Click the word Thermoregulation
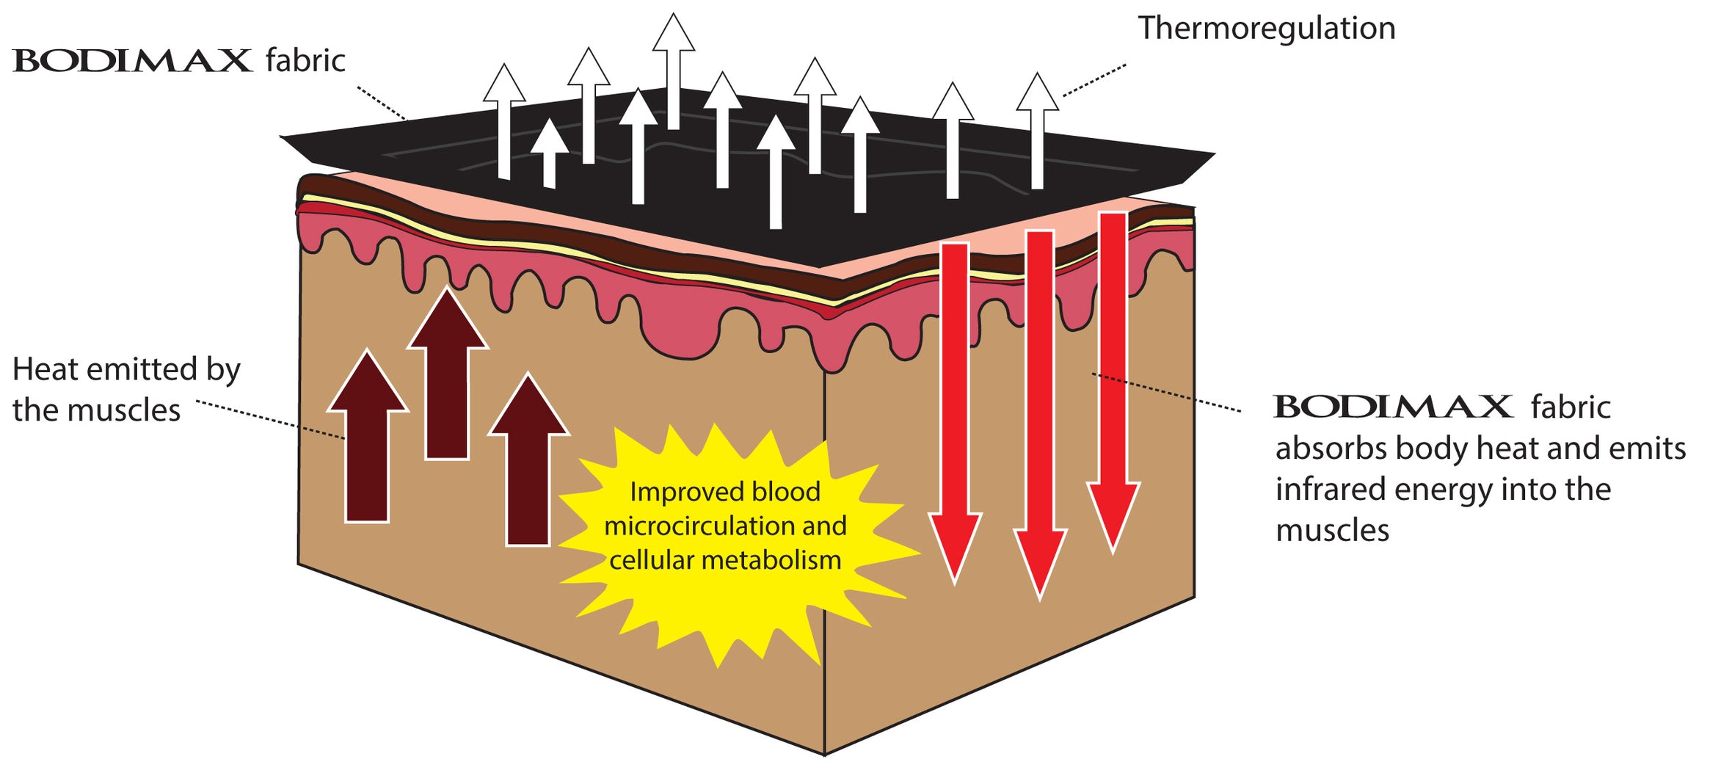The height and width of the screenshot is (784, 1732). click(x=1266, y=29)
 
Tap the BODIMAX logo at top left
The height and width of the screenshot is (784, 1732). click(x=132, y=60)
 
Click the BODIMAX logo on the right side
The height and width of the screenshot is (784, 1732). click(x=1392, y=406)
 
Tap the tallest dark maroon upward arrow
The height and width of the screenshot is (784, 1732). click(x=447, y=382)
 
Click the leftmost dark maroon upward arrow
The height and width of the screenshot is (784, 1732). click(x=367, y=448)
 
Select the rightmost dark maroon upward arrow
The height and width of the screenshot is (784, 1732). click(x=528, y=470)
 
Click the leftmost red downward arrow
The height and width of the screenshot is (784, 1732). click(x=955, y=411)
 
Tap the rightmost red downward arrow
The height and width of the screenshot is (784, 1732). click(x=1113, y=382)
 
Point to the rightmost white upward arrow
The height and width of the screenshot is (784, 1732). click(x=1037, y=132)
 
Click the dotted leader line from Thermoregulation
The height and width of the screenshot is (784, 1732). click(x=1094, y=80)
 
